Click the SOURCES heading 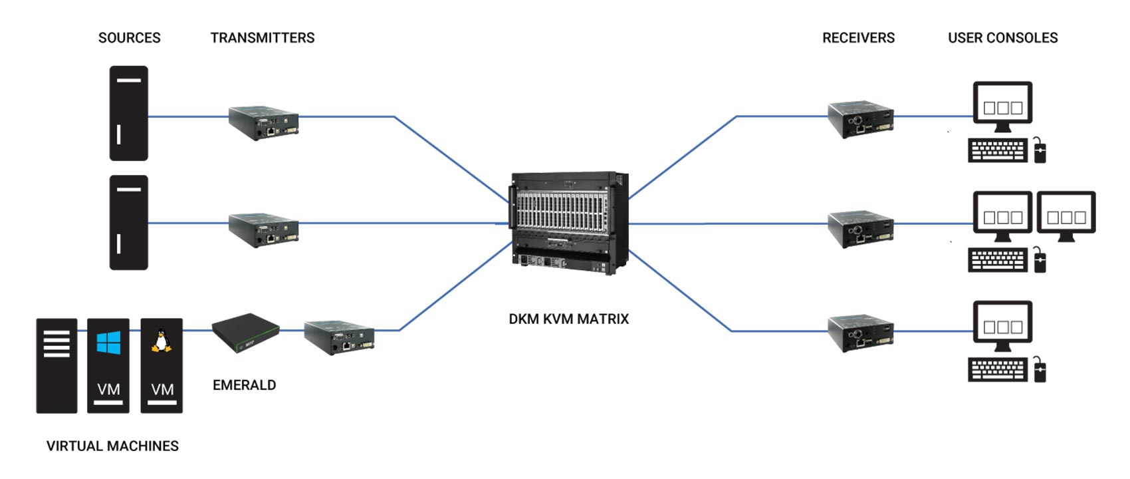tap(130, 38)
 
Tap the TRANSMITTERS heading tap(263, 38)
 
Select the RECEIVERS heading tap(858, 38)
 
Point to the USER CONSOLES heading tap(1002, 38)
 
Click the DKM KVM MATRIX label tap(568, 319)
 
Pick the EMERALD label tap(244, 385)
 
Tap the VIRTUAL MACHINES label tap(112, 446)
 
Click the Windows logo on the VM tap(108, 343)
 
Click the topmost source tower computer tap(128, 113)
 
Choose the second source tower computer tap(128, 222)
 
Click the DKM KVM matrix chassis tap(569, 223)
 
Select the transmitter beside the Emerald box tap(339, 337)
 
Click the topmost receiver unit tap(860, 119)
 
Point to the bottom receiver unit tap(860, 333)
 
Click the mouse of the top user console tap(1040, 151)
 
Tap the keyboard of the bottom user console tap(997, 370)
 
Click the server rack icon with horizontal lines tap(56, 365)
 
